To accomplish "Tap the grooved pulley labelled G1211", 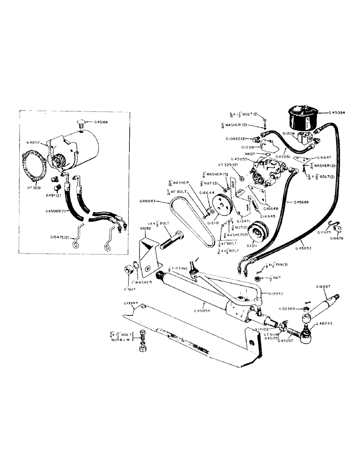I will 256,233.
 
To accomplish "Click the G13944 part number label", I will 133,303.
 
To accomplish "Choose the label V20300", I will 290,308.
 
